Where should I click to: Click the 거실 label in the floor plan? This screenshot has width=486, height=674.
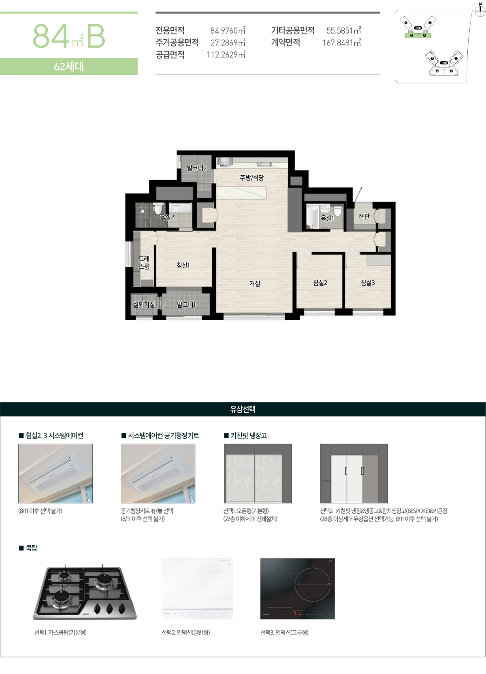pyautogui.click(x=254, y=284)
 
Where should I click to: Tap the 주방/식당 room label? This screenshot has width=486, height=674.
pyautogui.click(x=252, y=177)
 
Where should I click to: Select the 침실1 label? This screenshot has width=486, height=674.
pyautogui.click(x=183, y=265)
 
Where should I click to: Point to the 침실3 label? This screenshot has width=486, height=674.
pyautogui.click(x=368, y=283)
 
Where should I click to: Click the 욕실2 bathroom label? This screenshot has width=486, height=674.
pyautogui.click(x=167, y=217)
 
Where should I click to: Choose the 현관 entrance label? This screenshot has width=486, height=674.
pyautogui.click(x=364, y=217)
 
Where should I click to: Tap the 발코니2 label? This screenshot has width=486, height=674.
pyautogui.click(x=196, y=168)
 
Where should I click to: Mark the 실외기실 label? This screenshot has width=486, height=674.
pyautogui.click(x=144, y=304)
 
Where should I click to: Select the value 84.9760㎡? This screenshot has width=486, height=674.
pyautogui.click(x=228, y=30)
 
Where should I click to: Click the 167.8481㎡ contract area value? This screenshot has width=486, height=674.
pyautogui.click(x=341, y=43)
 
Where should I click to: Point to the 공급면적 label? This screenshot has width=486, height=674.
pyautogui.click(x=170, y=55)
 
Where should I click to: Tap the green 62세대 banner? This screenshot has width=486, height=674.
pyautogui.click(x=69, y=66)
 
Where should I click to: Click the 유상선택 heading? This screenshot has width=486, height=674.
pyautogui.click(x=243, y=409)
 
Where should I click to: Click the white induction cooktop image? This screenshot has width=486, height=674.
pyautogui.click(x=197, y=589)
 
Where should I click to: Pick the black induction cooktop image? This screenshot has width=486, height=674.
pyautogui.click(x=297, y=589)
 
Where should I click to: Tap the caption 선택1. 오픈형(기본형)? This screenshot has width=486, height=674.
pyautogui.click(x=246, y=511)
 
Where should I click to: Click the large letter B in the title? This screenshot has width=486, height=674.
pyautogui.click(x=96, y=36)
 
